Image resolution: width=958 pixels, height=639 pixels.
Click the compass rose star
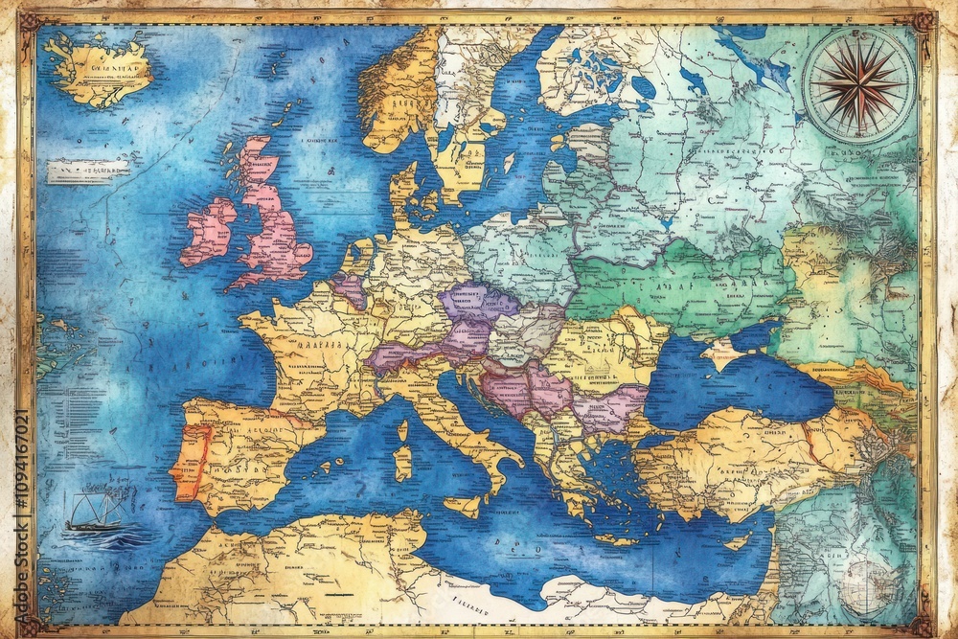point(857,81)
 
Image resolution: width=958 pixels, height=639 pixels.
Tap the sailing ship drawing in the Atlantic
point(95,518)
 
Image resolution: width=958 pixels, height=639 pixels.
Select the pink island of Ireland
point(208,232)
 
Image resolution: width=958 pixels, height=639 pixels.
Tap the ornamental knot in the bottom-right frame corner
point(925,624)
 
